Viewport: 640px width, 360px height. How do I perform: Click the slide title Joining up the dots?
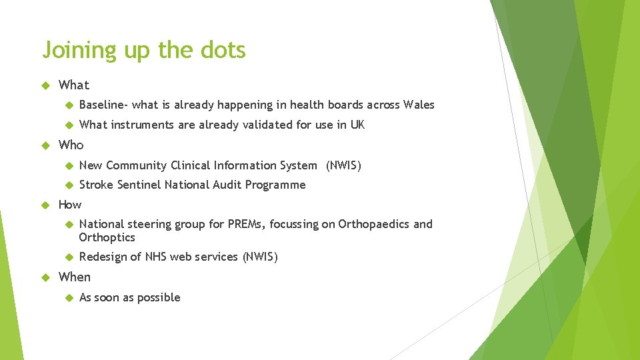pos(143,51)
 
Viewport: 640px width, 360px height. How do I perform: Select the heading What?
pos(73,85)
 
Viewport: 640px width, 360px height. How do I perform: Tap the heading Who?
pos(71,145)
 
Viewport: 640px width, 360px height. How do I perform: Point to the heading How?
pos(70,205)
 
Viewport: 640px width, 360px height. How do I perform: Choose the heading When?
pos(74,277)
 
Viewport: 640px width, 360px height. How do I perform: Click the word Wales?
pos(418,105)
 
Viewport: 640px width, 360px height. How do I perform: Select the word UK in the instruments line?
pos(357,125)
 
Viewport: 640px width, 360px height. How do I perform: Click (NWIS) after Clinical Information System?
pos(343,165)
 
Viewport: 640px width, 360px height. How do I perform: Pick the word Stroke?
pos(96,185)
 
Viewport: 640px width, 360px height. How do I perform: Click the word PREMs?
pos(247,224)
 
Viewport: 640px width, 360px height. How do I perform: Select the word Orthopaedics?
pos(374,224)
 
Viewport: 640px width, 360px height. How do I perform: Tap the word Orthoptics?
pos(107,237)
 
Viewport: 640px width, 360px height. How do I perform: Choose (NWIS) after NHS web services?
pos(260,257)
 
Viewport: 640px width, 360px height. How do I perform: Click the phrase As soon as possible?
pos(129,297)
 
